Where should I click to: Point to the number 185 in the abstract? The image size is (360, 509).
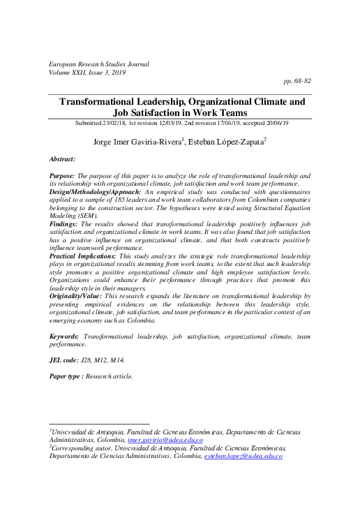(x=128, y=199)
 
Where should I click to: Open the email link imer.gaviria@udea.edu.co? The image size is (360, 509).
(x=165, y=441)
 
